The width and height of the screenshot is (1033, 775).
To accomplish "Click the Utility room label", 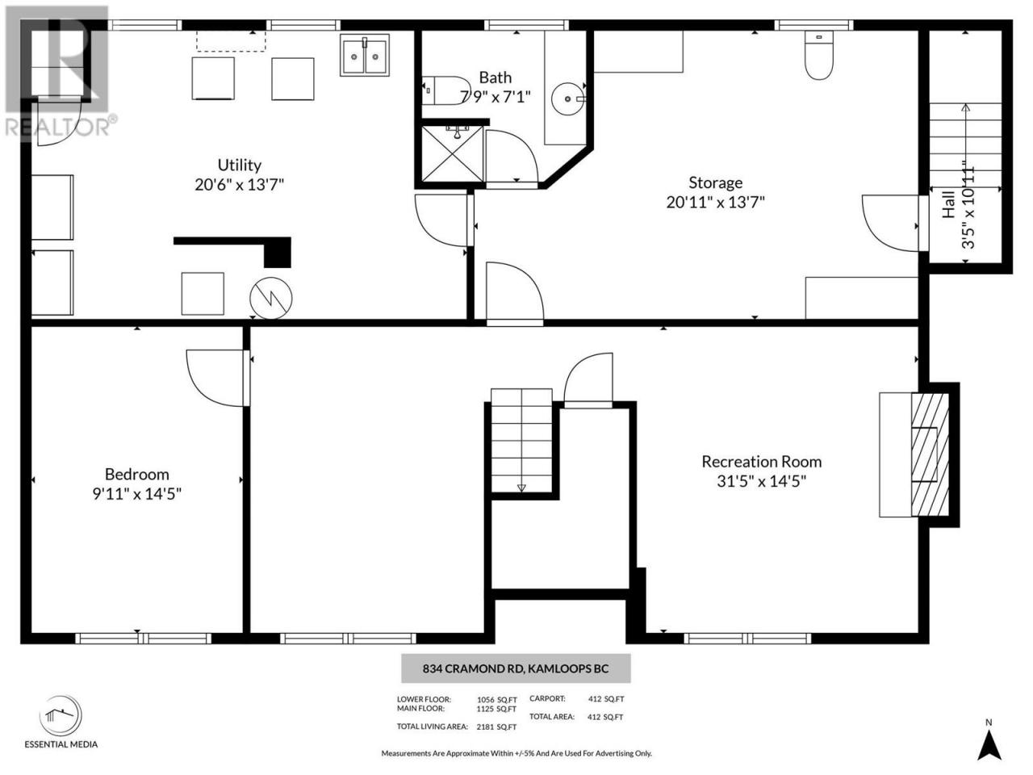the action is click(239, 165).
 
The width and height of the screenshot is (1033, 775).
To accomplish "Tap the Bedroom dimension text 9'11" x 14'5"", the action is click(137, 494).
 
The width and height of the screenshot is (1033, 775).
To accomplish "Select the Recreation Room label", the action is click(762, 462).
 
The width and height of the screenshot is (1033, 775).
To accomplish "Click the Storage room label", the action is click(715, 182).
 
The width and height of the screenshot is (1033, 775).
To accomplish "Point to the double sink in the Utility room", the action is click(365, 55).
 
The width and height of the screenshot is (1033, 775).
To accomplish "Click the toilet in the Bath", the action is click(445, 90).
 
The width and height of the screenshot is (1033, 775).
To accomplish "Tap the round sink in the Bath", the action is click(568, 98).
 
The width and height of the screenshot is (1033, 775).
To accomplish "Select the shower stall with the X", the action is click(452, 154).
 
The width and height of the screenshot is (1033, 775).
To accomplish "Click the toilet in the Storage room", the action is click(819, 55).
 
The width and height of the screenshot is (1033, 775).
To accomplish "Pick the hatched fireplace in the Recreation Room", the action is click(930, 455).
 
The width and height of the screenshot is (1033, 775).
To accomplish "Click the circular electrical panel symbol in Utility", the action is click(270, 298).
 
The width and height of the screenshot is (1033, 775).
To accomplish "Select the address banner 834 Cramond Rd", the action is click(516, 668).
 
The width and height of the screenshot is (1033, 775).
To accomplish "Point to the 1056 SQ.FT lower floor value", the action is click(497, 700).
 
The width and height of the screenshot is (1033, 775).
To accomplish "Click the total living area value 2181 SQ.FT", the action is click(496, 727).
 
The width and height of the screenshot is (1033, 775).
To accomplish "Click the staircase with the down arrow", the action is click(521, 441).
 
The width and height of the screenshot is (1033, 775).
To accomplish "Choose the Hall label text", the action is click(948, 204).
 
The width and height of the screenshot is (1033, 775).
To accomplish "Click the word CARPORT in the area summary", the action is click(547, 699).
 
